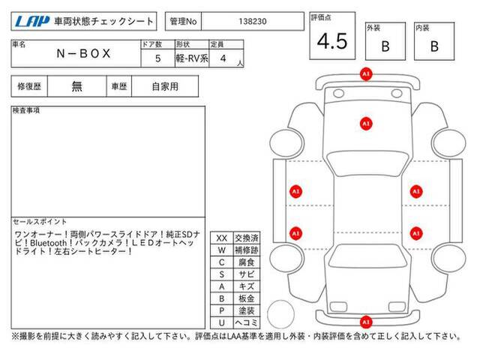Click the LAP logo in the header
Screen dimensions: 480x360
[32, 22]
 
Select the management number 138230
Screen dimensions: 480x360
[253, 22]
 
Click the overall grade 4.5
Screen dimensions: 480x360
[332, 41]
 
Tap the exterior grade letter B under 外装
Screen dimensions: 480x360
[385, 46]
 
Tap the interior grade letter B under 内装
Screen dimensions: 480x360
[434, 46]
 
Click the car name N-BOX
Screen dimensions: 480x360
[83, 53]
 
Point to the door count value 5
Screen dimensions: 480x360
[158, 58]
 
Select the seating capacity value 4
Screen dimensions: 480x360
[223, 58]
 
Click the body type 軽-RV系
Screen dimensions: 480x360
[192, 58]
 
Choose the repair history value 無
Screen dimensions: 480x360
[76, 86]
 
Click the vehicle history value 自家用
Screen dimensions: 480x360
[165, 87]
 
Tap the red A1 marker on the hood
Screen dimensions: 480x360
[366, 124]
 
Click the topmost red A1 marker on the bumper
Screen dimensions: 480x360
[366, 74]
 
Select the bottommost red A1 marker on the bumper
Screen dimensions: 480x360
[366, 322]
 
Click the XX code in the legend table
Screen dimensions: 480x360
[222, 238]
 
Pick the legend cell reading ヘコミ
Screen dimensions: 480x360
[247, 322]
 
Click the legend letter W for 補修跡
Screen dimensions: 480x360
[222, 250]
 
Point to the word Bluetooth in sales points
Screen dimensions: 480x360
[48, 243]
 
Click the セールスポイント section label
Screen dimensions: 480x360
[40, 221]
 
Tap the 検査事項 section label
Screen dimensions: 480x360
[26, 110]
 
